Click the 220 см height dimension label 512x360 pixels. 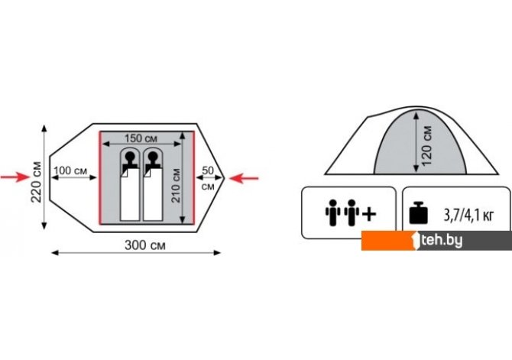click(37, 182)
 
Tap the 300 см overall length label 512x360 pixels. click(145, 245)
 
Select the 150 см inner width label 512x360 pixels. click(141, 138)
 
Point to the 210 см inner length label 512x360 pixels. click(176, 185)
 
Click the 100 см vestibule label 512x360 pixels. click(70, 170)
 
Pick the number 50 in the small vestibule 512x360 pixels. click(208, 170)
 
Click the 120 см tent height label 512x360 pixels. click(426, 146)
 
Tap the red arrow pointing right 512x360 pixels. click(15, 177)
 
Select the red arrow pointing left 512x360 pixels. click(244, 178)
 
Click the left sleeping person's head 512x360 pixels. click(130, 157)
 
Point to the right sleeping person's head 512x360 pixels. click(153, 157)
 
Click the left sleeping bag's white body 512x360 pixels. click(130, 195)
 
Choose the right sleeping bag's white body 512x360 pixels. click(153, 195)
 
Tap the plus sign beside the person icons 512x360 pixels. click(369, 214)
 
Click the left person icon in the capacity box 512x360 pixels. click(332, 212)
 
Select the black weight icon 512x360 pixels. click(418, 213)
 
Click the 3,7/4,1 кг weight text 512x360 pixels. click(468, 216)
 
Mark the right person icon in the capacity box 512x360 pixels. click(352, 212)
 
